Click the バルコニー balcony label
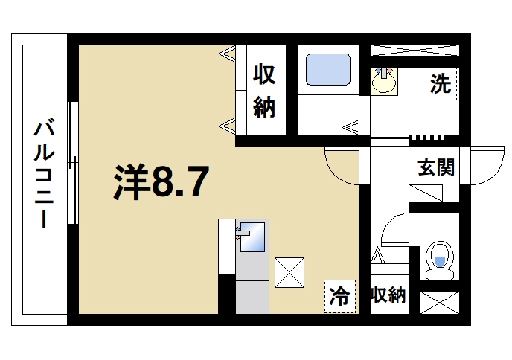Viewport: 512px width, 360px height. pyautogui.click(x=42, y=175)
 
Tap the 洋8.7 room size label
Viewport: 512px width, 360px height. pyautogui.click(x=159, y=182)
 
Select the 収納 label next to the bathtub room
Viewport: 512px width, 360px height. pyautogui.click(x=265, y=91)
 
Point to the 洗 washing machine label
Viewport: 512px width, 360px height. pyautogui.click(x=440, y=83)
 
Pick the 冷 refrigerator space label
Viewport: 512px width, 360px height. pyautogui.click(x=339, y=296)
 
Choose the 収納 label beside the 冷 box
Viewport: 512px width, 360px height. pyautogui.click(x=387, y=295)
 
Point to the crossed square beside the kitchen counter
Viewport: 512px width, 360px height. pyautogui.click(x=289, y=271)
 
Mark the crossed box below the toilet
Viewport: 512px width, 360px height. pyautogui.click(x=439, y=302)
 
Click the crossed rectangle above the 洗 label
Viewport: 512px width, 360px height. pyautogui.click(x=415, y=51)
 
